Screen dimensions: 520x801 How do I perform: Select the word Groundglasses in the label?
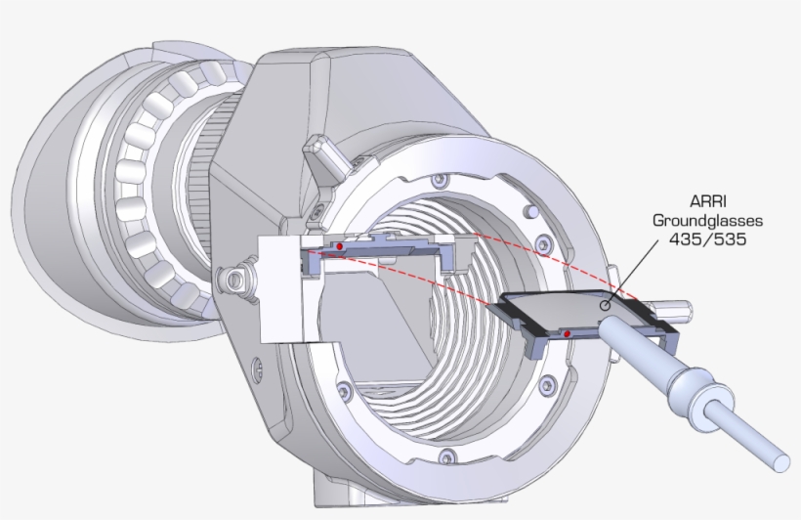(707, 222)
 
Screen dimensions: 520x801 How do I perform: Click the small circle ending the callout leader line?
(606, 305)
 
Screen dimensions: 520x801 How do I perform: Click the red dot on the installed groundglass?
(338, 247)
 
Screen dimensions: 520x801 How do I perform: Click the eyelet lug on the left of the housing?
(234, 280)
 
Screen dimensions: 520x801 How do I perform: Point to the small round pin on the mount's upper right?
(530, 210)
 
